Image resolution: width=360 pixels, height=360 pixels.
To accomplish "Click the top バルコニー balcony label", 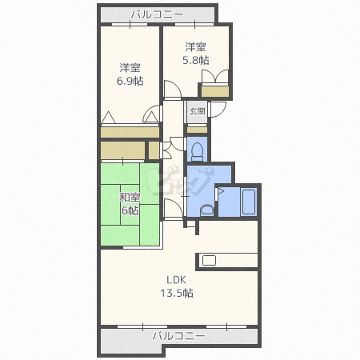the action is coord(157,14).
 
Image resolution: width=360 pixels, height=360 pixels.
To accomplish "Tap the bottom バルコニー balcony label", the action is coord(178,336).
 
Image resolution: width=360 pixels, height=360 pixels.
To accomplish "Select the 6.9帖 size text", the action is coord(130,81).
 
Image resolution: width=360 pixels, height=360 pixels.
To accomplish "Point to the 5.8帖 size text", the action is coord(196,60).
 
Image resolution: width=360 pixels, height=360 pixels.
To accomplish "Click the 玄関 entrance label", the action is coord(198,111).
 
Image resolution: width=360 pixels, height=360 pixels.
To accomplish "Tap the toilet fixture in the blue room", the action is coord(198,151).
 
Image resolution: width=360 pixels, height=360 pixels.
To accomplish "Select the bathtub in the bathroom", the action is coord(249,202).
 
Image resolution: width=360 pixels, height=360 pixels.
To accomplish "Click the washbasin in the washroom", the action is coord(207,210).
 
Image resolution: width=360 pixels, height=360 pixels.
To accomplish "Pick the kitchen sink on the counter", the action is coord(209,261).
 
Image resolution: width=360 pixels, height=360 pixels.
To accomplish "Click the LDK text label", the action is coord(176,280).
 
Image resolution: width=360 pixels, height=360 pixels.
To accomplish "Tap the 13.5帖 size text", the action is coord(177,293).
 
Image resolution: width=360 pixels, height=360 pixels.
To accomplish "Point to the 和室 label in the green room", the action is coord(130,198).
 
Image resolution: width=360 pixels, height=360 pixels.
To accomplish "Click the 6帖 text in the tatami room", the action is coord(130,210).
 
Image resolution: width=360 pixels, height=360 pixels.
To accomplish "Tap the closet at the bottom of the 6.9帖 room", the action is coord(130,132).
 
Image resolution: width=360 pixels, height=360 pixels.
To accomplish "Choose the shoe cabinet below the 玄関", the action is coord(197,130).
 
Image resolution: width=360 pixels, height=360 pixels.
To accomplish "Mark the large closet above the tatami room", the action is coord(122,150).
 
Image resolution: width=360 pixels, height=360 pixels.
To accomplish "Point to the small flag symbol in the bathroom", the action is coord(222,190).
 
